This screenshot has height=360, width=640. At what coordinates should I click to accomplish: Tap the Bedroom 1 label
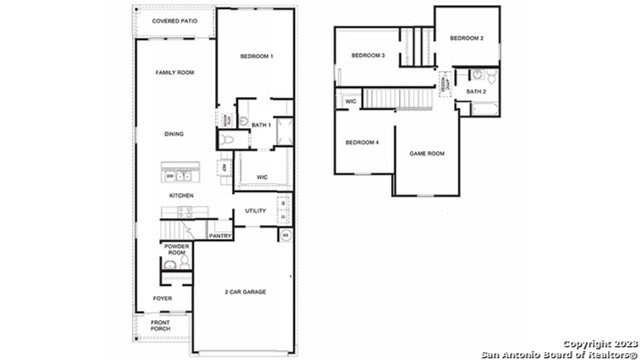[256, 56]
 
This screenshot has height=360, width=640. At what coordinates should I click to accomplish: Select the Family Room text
[174, 73]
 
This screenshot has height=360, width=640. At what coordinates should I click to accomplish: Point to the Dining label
[174, 134]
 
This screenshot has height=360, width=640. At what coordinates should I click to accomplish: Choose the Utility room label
[255, 211]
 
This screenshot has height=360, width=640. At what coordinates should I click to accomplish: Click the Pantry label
[220, 236]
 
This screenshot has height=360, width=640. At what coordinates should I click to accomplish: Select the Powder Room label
[176, 249]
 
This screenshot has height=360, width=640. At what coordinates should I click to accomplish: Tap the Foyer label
[162, 298]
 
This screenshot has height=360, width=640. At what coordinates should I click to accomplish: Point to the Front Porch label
[160, 326]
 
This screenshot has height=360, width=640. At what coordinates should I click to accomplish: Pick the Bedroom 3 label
[367, 55]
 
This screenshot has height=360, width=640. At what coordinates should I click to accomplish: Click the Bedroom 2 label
[466, 38]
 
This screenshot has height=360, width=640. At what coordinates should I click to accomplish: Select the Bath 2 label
[476, 91]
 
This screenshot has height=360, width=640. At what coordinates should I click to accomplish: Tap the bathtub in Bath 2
[484, 109]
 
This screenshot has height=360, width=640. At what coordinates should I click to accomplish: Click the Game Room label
[427, 153]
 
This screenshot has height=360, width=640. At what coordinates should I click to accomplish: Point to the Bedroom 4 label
[362, 142]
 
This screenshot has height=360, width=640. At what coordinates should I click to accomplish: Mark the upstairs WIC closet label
[351, 101]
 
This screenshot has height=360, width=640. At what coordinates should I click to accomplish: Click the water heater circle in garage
[285, 234]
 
